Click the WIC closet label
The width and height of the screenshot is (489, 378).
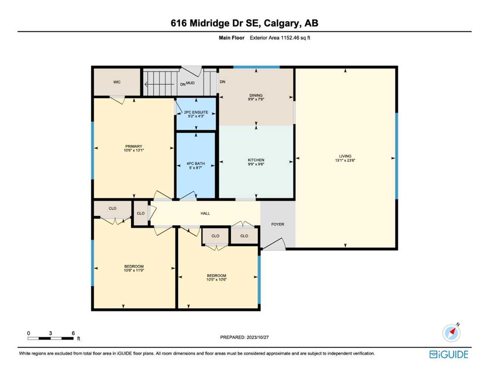click(117, 82)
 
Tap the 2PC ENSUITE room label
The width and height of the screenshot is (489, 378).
click(196, 112)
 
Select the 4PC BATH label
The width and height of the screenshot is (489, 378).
click(196, 163)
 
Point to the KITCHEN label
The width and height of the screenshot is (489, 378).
click(256, 160)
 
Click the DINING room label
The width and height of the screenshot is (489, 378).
click(256, 95)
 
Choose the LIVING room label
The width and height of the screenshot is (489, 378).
click(345, 156)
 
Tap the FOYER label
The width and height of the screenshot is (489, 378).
click(278, 224)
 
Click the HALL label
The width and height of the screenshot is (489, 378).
click(205, 214)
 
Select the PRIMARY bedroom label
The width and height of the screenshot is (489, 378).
click(134, 146)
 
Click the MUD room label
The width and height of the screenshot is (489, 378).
click(190, 83)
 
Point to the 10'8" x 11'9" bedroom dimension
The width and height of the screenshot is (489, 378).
click(134, 271)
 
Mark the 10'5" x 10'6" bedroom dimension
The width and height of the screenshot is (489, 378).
click(217, 280)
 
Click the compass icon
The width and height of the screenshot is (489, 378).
click(451, 333)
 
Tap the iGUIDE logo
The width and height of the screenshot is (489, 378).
click(449, 354)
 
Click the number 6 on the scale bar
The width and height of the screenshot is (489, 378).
click(73, 333)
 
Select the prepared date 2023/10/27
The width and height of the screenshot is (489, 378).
click(257, 337)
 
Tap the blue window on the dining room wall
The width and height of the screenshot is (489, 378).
click(257, 67)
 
